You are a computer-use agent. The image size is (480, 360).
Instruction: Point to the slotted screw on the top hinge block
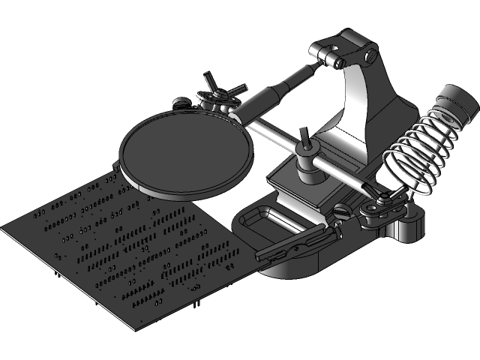(370, 55)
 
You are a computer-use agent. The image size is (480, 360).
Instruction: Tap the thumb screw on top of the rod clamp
(305, 139)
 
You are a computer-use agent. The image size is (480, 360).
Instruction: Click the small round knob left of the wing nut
(181, 103)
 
